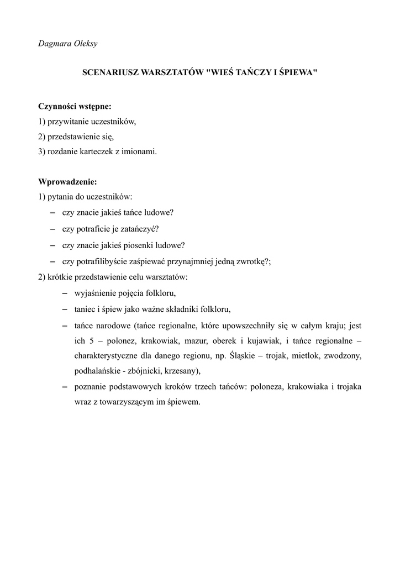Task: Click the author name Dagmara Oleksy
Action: tap(67, 44)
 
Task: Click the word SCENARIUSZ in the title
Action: tap(110, 72)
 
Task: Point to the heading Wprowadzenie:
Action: tap(67, 181)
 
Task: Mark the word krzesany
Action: tap(181, 371)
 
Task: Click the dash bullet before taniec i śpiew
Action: tap(64, 309)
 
